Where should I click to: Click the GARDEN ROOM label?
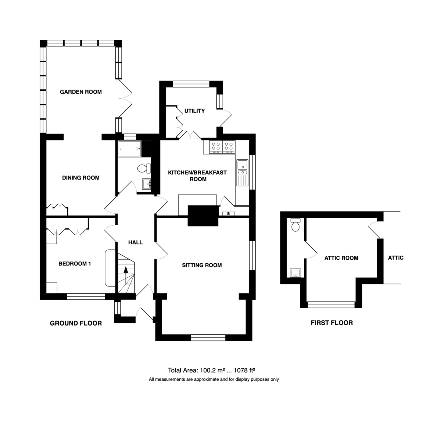pyautogui.click(x=81, y=92)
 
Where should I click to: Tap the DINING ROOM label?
pyautogui.click(x=81, y=178)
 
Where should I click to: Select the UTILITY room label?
pyautogui.click(x=194, y=111)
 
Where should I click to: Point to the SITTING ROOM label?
pyautogui.click(x=202, y=265)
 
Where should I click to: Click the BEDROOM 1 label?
pyautogui.click(x=75, y=264)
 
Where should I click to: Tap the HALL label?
pyautogui.click(x=135, y=242)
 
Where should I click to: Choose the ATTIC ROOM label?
pyautogui.click(x=341, y=258)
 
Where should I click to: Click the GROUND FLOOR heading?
pyautogui.click(x=76, y=323)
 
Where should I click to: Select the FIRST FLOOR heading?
pyautogui.click(x=332, y=323)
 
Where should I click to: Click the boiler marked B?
pyautogui.click(x=229, y=214)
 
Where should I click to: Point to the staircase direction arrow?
pyautogui.click(x=125, y=276)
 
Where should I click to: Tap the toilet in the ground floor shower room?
pyautogui.click(x=144, y=168)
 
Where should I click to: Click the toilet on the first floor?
pyautogui.click(x=295, y=224)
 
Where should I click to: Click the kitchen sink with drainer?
pyautogui.click(x=243, y=173)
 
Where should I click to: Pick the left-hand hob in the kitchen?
pyautogui.click(x=216, y=147)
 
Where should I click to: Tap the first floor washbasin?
pyautogui.click(x=295, y=273)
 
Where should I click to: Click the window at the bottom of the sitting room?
pyautogui.click(x=208, y=338)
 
